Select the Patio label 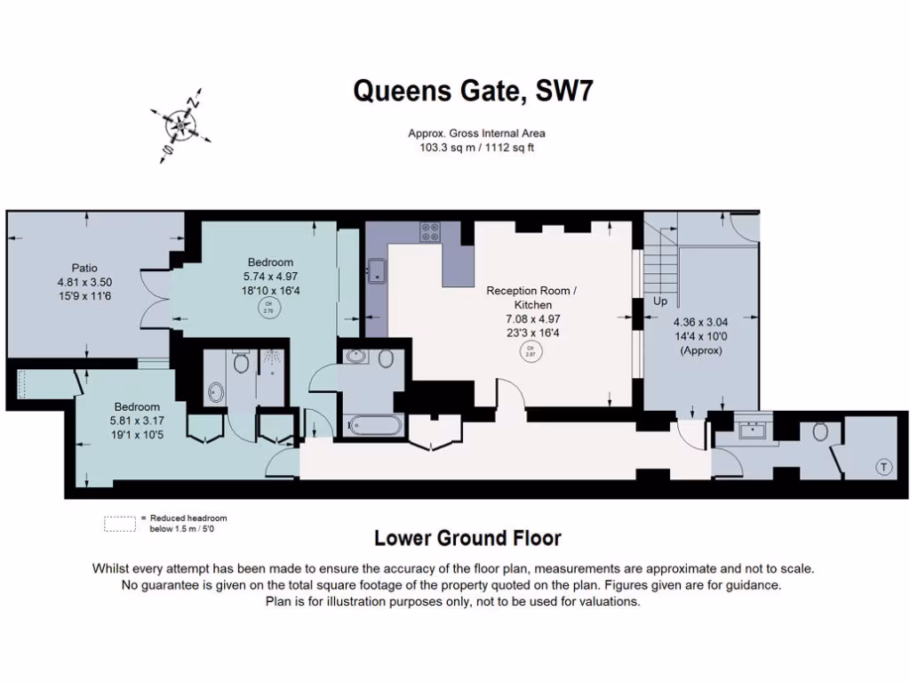pyautogui.click(x=84, y=268)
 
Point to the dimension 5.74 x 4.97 pyautogui.click(x=270, y=276)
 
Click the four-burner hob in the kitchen pyautogui.click(x=430, y=231)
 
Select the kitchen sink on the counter pyautogui.click(x=377, y=269)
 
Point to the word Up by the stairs pyautogui.click(x=660, y=302)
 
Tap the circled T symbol pyautogui.click(x=883, y=467)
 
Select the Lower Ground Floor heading pyautogui.click(x=467, y=538)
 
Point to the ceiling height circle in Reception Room pyautogui.click(x=531, y=350)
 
